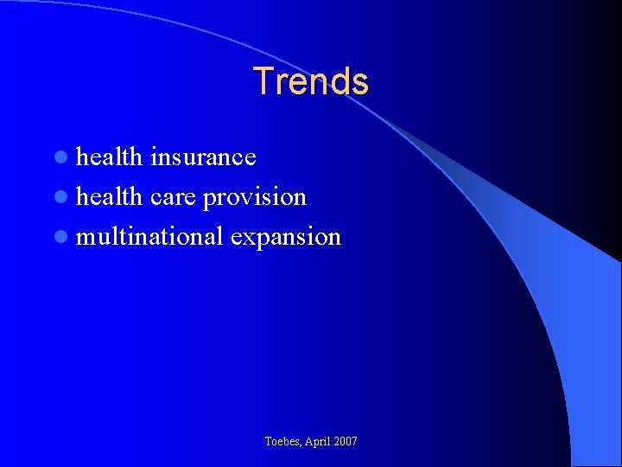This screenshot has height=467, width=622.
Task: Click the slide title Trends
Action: coord(311,81)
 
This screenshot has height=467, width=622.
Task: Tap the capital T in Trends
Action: coord(263,81)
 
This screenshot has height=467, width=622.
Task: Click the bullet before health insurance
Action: coord(60,157)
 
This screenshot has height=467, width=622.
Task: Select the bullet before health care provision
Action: coord(60,197)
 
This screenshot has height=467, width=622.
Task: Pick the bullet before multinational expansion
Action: coord(60,237)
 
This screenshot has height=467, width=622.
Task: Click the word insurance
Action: coord(203,157)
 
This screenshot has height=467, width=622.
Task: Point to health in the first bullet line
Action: coord(109,157)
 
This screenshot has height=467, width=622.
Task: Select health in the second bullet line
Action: coord(109,196)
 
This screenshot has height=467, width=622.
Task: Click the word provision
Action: coord(255,197)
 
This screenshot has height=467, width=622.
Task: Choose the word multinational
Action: coord(150,236)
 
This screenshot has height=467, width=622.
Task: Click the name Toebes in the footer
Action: coord(283,442)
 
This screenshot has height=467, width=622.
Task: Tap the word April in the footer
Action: coord(319,442)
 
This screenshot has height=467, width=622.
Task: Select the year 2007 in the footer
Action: coord(346,442)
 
